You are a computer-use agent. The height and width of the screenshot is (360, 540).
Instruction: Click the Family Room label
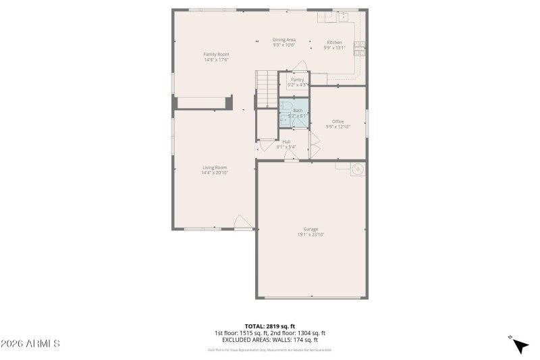tap(217, 54)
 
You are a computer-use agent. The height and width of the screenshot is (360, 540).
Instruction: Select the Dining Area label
tap(284, 40)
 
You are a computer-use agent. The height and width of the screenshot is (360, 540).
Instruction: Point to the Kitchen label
tap(335, 43)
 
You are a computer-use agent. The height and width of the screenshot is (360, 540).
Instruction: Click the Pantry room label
tap(297, 80)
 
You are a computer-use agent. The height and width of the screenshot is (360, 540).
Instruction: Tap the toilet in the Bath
tap(286, 107)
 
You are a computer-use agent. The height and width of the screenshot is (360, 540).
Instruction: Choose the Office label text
tap(337, 122)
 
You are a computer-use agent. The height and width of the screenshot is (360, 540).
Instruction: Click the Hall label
tap(286, 142)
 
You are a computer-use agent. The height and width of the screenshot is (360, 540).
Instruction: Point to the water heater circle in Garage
tap(358, 169)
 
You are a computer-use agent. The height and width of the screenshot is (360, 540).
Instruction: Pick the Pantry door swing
tap(300, 66)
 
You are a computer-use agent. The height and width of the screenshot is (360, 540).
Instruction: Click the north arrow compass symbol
tap(519, 344)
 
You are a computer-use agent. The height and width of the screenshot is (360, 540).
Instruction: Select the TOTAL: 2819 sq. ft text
tap(269, 326)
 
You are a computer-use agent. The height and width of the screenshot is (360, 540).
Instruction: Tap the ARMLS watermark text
tap(31, 344)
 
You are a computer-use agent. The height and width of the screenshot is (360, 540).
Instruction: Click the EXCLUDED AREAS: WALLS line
tap(269, 340)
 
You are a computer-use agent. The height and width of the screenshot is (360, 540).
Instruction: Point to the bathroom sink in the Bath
tap(285, 120)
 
